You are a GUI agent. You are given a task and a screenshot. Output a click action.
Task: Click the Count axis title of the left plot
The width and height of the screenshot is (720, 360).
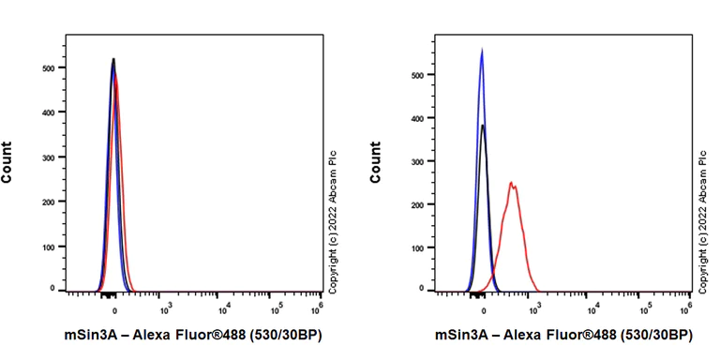point(7,161)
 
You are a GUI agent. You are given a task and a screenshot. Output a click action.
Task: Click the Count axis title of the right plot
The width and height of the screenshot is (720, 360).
point(376,161)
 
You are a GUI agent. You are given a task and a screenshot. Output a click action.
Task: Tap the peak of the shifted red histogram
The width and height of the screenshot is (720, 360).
point(511,183)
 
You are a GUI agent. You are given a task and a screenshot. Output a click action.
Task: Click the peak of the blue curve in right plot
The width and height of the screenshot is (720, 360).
point(481,51)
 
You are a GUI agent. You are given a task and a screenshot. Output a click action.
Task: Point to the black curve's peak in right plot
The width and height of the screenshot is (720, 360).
point(483,125)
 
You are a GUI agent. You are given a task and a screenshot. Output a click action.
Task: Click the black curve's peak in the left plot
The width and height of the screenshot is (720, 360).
point(113,59)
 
